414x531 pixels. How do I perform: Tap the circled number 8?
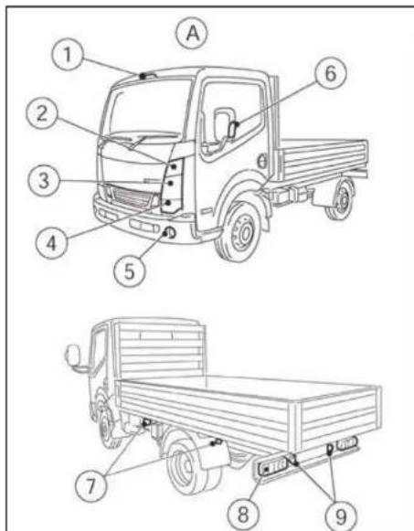tap(242, 513)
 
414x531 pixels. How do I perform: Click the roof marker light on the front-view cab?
tap(145, 72)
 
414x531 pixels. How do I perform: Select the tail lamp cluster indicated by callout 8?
tap(271, 470)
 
